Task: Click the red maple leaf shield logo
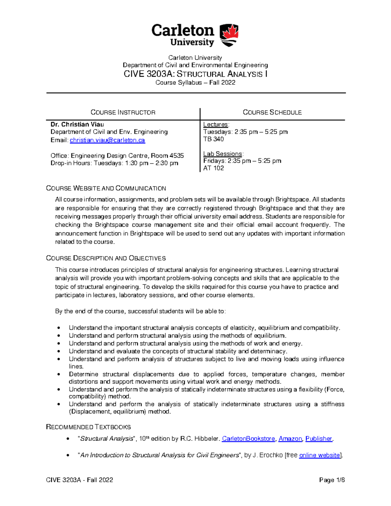[229, 35]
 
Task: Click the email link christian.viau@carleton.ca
[107, 140]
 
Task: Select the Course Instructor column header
[123, 112]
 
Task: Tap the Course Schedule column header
[272, 112]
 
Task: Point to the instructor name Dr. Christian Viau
[77, 124]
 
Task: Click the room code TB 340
[213, 139]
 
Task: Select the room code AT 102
[213, 168]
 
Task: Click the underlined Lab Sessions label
[223, 154]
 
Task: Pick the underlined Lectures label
[216, 124]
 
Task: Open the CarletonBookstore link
[248, 439]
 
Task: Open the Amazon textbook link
[290, 439]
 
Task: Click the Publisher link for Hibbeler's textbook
[318, 439]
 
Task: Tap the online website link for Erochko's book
[319, 455]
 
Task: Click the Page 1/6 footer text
[332, 480]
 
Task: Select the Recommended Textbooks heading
[88, 427]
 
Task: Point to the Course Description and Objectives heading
[106, 258]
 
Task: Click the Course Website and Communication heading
[106, 188]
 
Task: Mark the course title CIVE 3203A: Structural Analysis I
[195, 74]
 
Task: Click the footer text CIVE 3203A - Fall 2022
[80, 480]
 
